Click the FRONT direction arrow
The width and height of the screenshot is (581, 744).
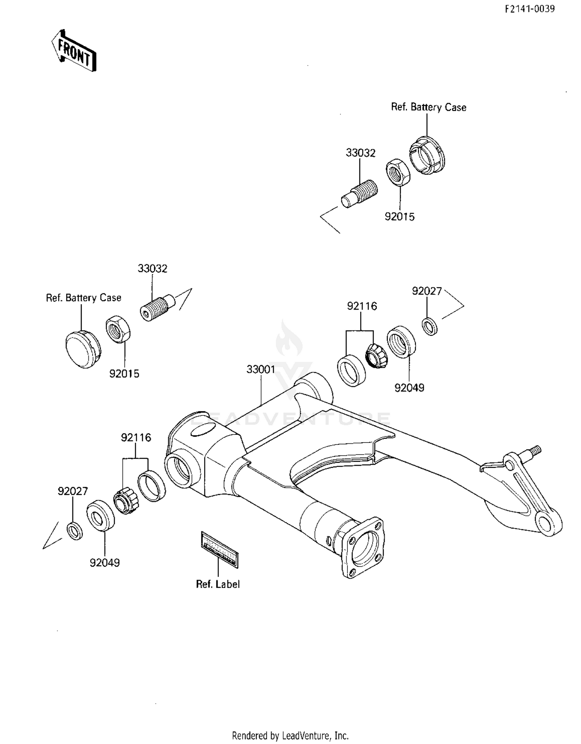[x=74, y=51]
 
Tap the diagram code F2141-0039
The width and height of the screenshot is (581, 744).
[x=529, y=9]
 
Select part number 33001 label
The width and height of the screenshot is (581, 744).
[x=261, y=369]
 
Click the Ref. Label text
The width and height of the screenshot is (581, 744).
[x=218, y=584]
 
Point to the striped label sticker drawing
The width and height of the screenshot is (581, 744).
[x=220, y=549]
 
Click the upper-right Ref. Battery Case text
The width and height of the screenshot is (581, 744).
[x=428, y=107]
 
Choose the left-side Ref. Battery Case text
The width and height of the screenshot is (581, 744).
[x=84, y=298]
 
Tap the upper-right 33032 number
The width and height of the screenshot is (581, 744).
[x=361, y=153]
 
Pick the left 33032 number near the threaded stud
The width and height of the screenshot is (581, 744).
[x=152, y=269]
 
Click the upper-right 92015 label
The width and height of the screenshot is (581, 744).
[x=399, y=217]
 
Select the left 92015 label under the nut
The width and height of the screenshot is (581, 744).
[x=124, y=374]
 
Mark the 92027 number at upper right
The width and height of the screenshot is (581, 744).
[x=427, y=291]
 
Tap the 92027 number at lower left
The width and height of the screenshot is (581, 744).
[x=73, y=491]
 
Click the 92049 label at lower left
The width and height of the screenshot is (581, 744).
[x=105, y=563]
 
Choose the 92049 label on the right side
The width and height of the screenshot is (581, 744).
[x=409, y=387]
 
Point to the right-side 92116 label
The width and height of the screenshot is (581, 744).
[x=362, y=306]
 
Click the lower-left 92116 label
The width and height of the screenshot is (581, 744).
[x=136, y=437]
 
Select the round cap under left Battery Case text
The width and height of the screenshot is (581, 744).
[x=83, y=349]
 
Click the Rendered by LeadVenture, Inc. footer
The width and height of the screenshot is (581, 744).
[x=290, y=735]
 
